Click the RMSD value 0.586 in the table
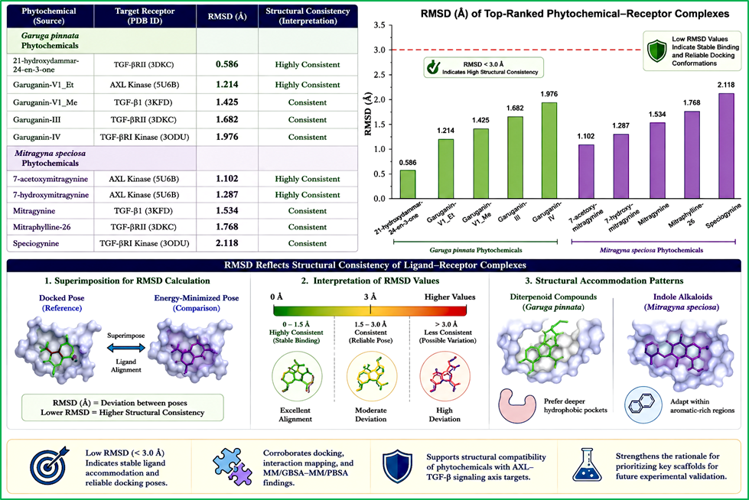click(x=227, y=64)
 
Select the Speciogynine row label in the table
click(x=36, y=243)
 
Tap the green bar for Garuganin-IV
click(x=549, y=151)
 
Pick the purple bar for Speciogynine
click(x=726, y=146)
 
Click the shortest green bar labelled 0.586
click(x=408, y=184)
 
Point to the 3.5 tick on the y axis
click(x=379, y=24)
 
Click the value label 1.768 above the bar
click(x=692, y=102)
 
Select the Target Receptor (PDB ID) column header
click(x=145, y=16)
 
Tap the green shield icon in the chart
click(x=656, y=51)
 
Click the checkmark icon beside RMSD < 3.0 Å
click(x=433, y=67)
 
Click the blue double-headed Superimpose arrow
click(x=125, y=348)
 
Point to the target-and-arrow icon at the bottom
click(x=49, y=465)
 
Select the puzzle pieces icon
click(x=233, y=466)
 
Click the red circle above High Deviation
click(x=445, y=376)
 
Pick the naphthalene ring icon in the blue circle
click(x=643, y=405)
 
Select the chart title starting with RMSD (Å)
click(x=575, y=13)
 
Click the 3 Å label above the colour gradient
click(x=370, y=297)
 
